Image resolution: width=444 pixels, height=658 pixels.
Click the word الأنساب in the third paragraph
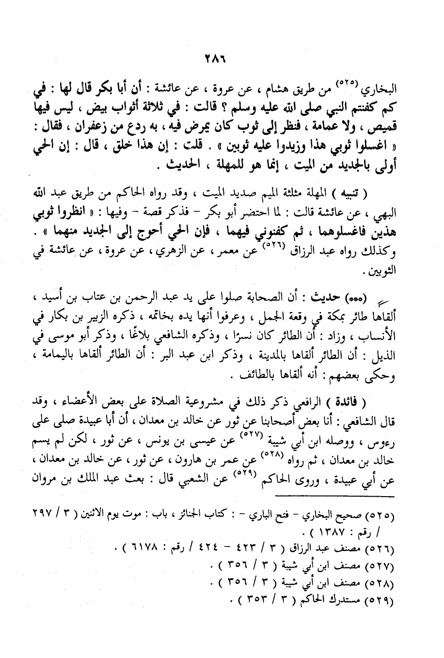381,334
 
